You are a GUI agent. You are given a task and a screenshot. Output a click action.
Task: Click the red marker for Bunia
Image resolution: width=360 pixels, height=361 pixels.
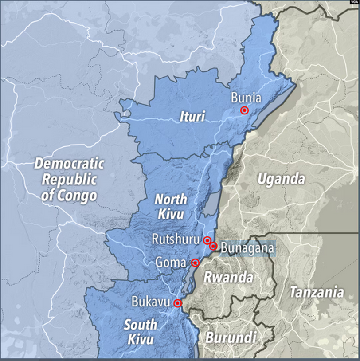click(244, 110)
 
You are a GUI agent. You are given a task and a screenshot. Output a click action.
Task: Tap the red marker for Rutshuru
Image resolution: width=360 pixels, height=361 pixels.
click(207, 240)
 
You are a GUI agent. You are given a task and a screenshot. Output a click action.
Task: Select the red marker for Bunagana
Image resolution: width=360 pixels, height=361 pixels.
click(213, 246)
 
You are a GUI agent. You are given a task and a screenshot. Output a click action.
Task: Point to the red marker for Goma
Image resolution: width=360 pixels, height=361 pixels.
click(195, 263)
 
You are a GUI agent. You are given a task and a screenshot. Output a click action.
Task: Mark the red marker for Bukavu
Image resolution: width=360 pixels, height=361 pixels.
click(178, 303)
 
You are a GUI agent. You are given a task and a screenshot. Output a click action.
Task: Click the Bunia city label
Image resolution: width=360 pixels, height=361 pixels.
click(246, 98)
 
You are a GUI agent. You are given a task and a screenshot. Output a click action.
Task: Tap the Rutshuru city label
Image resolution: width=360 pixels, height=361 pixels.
click(176, 239)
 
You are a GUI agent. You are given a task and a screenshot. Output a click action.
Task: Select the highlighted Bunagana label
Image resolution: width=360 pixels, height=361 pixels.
click(247, 248)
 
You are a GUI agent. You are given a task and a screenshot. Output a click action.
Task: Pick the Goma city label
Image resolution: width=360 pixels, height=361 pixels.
click(171, 263)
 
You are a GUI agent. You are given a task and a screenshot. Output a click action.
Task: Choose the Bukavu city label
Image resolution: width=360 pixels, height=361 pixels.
click(151, 302)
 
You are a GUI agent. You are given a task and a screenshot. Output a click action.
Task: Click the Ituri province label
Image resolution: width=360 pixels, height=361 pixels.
click(192, 117)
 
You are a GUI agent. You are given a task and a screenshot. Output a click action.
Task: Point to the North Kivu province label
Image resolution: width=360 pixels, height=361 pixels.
click(171, 207)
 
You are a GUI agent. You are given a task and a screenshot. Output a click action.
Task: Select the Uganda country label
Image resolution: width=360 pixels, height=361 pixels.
click(282, 179)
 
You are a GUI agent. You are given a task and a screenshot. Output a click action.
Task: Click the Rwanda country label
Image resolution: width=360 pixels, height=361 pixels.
click(228, 278)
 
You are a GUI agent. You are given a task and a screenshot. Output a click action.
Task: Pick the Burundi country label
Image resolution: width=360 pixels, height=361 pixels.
click(231, 337)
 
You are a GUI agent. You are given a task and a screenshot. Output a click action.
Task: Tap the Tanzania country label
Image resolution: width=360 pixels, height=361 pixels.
click(317, 292)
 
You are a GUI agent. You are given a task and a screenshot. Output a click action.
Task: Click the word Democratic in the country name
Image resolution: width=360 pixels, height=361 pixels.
click(69, 164)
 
